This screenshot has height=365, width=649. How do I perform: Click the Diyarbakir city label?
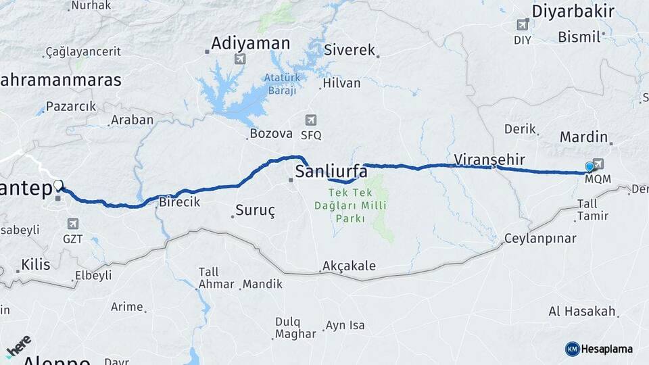pos(573,11)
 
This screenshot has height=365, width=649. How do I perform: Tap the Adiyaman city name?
pos(250,44)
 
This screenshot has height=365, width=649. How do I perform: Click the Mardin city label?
pos(584,137)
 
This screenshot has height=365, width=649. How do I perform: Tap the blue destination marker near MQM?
pos(590,167)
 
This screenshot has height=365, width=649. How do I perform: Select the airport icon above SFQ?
pos(310,120)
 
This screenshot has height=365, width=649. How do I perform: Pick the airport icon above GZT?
pos(72,224)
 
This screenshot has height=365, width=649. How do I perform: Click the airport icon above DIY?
pos(522,25)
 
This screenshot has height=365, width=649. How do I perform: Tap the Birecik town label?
pos(179,202)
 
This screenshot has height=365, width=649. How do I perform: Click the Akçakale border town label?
pos(349,266)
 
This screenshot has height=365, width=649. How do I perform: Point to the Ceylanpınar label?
pos(540,239)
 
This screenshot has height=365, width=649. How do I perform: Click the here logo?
pos(20,345)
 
